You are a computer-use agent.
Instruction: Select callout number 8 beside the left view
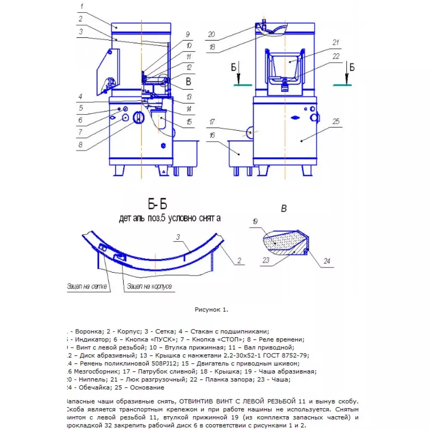point(80,145)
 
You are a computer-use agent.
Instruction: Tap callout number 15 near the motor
point(189,123)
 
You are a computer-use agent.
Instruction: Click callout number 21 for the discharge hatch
point(336,42)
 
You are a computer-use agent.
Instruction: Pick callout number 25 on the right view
point(336,122)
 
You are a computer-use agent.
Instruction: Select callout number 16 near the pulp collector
point(212,136)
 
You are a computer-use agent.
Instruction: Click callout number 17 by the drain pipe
point(212,123)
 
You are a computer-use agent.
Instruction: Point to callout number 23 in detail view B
point(266,259)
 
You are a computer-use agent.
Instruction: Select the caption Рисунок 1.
point(212,309)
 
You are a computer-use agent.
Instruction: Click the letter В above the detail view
point(283,209)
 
